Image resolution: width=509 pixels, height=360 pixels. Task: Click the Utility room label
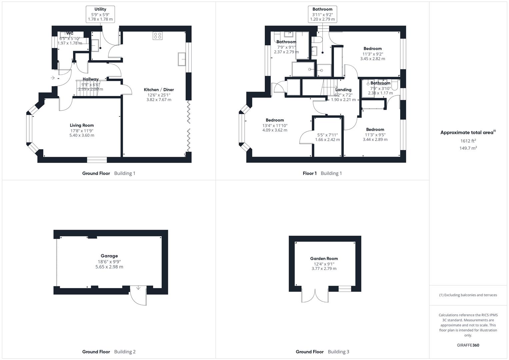pyautogui.click(x=100, y=9)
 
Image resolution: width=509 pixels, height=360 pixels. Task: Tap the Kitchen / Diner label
pyautogui.click(x=159, y=90)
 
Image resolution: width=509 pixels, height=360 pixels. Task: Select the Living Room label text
pyautogui.click(x=82, y=125)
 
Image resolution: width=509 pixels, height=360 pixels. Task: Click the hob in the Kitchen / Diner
pyautogui.click(x=157, y=36)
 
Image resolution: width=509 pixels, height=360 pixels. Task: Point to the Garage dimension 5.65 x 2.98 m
pyautogui.click(x=109, y=267)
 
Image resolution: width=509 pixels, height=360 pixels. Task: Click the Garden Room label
pyautogui.click(x=324, y=258)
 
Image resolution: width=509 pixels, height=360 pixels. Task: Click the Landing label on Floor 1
pyautogui.click(x=343, y=90)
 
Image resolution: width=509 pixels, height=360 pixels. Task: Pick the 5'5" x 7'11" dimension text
pyautogui.click(x=327, y=135)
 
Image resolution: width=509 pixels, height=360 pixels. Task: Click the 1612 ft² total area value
pyautogui.click(x=468, y=141)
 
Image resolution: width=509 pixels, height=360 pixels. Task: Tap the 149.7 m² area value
pyautogui.click(x=468, y=148)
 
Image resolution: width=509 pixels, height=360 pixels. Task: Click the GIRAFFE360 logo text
pyautogui.click(x=468, y=345)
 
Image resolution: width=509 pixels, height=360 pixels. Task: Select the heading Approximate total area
pyautogui.click(x=467, y=133)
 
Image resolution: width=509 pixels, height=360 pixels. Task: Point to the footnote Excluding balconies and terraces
pyautogui.click(x=468, y=295)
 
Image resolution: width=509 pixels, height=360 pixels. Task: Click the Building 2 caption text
pyautogui.click(x=125, y=352)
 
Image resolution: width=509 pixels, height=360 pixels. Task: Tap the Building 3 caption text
pyautogui.click(x=338, y=352)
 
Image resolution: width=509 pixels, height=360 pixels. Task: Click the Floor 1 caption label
pyautogui.click(x=310, y=173)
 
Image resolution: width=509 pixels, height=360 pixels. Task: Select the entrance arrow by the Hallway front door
pyautogui.click(x=53, y=78)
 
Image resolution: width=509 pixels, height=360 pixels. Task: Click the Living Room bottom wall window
pyautogui.click(x=97, y=160)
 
